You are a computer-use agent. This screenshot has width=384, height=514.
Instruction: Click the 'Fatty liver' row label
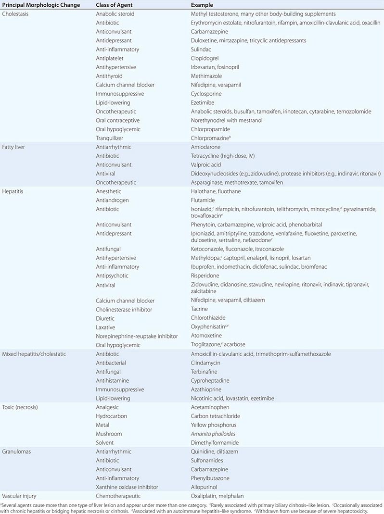click(x=15, y=147)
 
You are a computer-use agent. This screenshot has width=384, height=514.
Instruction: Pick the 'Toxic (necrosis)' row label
click(x=20, y=407)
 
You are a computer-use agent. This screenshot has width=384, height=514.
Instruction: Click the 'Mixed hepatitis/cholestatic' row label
click(x=34, y=354)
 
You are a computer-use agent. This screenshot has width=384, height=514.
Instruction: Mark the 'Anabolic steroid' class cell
click(x=115, y=14)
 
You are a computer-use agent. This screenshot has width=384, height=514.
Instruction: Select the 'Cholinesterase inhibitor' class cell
click(x=125, y=309)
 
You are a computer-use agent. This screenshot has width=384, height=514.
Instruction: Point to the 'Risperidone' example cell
click(x=205, y=276)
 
